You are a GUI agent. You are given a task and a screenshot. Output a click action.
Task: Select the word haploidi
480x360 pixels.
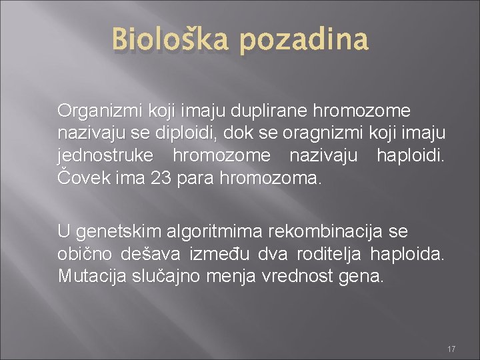(411, 156)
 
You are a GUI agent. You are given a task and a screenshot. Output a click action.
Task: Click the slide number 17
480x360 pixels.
(451, 349)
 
